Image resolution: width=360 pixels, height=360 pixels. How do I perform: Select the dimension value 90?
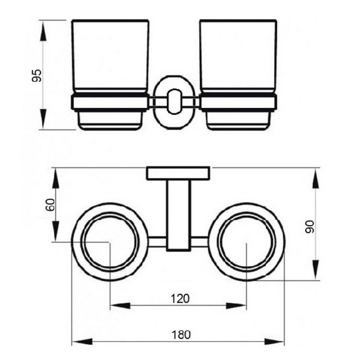coord(309,226)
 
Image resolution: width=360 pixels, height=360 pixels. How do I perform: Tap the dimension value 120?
coord(180,298)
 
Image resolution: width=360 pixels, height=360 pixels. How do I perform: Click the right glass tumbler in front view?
coord(238,56)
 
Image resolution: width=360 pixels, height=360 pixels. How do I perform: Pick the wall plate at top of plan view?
coord(179,174)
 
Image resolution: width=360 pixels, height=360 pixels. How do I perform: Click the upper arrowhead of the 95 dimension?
coord(44,28)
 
